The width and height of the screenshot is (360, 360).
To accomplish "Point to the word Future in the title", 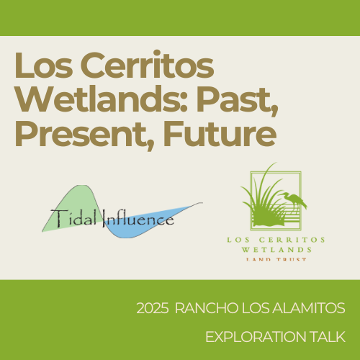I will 215,133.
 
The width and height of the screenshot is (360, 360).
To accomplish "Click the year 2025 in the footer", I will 151,309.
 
